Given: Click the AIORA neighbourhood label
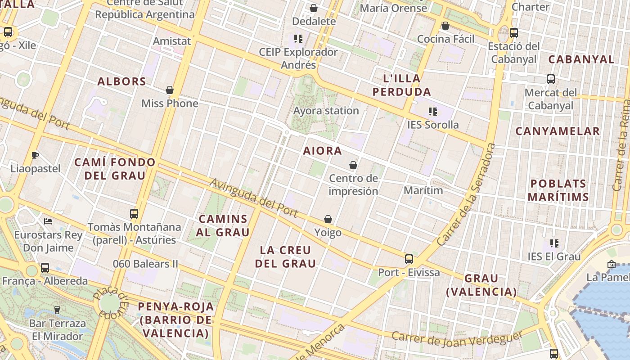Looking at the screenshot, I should click(322, 151).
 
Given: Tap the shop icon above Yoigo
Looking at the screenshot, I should click(328, 219).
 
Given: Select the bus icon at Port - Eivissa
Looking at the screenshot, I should click(409, 259).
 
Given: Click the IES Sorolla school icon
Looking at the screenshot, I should click(433, 111).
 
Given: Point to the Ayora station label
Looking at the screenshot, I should click(326, 111).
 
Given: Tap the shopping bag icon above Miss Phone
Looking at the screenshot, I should click(170, 90).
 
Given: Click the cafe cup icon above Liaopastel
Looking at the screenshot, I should click(35, 156).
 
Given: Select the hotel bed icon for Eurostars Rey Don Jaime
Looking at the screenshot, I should click(48, 221).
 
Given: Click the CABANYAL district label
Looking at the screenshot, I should click(581, 59).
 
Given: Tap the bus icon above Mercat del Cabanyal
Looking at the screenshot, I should click(550, 79).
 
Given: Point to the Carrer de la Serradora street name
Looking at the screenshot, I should click(466, 194).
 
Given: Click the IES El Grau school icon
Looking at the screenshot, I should click(554, 243).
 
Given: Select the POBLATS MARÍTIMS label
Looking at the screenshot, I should click(558, 190).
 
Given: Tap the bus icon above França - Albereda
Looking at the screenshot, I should click(45, 268).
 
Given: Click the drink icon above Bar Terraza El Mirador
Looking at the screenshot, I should click(57, 310).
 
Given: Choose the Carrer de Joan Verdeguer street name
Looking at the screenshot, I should click(456, 339).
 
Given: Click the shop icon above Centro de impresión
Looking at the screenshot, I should click(353, 165).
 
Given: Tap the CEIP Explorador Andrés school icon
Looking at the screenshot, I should click(298, 39).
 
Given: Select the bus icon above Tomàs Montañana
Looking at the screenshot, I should click(134, 213).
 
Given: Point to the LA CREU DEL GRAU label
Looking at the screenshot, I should click(286, 256).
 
